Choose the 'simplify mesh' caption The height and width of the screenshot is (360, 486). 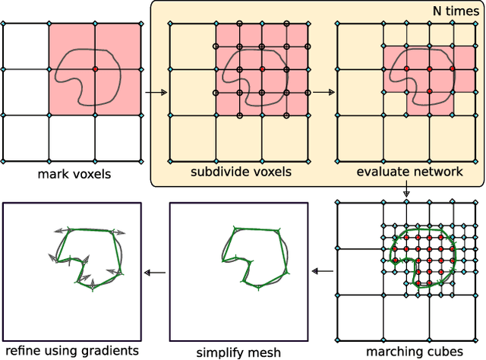[238, 352]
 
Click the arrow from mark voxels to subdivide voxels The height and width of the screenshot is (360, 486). [155, 93]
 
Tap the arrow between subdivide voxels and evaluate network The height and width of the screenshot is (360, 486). [323, 93]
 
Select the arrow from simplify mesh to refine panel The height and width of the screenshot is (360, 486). [155, 270]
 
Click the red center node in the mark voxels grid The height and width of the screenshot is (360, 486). [96, 69]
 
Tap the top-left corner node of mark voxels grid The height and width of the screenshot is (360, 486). [3, 24]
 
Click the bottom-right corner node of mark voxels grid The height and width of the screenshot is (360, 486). [142, 160]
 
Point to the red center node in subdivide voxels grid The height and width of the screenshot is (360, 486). [262, 69]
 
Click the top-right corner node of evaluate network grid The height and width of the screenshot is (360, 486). [475, 24]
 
